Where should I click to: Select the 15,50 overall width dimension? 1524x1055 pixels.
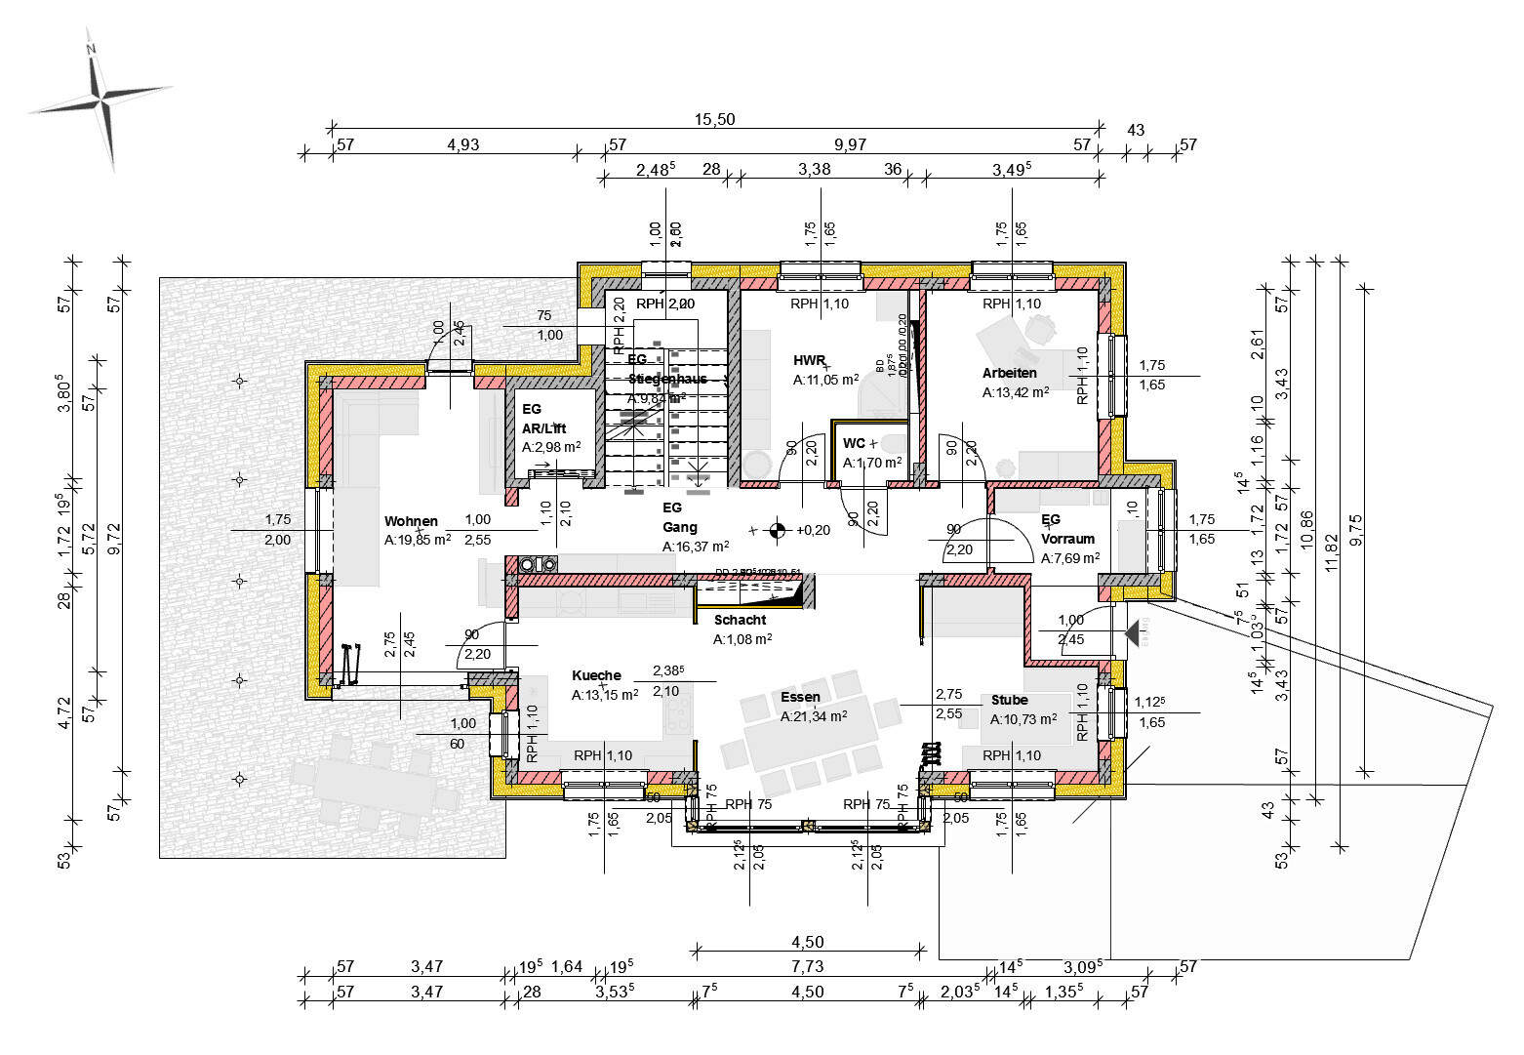tap(714, 119)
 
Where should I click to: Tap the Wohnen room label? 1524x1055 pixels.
tap(411, 521)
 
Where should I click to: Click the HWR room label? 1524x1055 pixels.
tap(809, 361)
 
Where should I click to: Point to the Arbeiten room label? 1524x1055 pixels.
tap(1009, 373)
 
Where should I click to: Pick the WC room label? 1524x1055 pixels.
tap(854, 444)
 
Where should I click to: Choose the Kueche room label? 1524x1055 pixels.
tap(596, 675)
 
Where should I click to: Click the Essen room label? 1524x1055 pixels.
tap(800, 697)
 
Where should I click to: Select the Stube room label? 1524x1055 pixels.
tap(1009, 700)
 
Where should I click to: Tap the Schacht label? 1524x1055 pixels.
tap(740, 620)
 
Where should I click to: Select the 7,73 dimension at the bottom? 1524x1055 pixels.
tap(807, 967)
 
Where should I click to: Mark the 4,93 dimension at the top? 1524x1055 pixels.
tap(462, 144)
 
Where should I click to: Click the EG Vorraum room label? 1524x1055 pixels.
tap(1067, 529)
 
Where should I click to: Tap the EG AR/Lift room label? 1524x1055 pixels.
tap(543, 419)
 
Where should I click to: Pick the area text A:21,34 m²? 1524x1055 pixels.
tap(814, 715)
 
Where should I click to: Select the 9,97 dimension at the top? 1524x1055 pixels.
tap(850, 144)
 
